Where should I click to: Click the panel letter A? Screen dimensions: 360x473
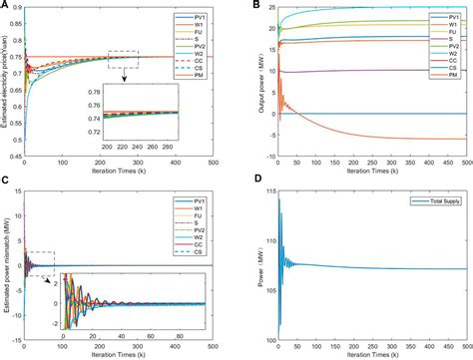[x=6, y=7]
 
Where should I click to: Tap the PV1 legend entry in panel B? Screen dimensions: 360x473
[x=441, y=17]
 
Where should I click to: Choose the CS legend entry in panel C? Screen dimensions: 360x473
[x=205, y=268]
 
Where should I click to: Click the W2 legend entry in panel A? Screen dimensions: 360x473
[x=205, y=65]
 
